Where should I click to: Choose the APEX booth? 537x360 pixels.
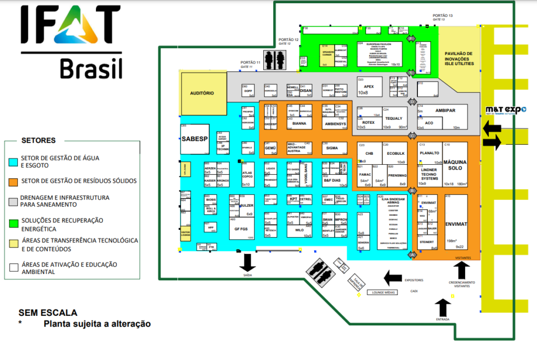coord(369,87)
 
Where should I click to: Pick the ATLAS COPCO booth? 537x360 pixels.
coord(248,175)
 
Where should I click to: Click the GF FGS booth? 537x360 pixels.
coord(241,228)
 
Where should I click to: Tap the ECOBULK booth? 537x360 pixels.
coord(395,153)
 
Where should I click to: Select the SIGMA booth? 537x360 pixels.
coord(331,149)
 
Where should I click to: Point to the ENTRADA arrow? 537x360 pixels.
coord(443,306)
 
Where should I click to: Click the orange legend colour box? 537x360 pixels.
coord(14,181)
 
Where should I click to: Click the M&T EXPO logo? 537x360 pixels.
coord(506,110)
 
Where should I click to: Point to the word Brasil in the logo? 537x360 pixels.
coord(91,68)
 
